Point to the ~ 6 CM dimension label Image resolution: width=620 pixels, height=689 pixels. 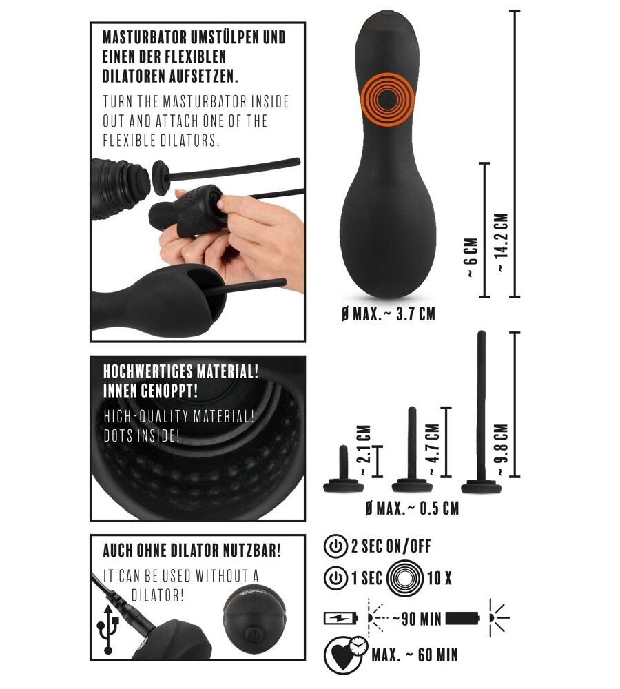pos(471,258)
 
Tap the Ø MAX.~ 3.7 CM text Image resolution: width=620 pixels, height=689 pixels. pos(389,314)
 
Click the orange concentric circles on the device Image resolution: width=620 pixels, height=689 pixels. pos(387,101)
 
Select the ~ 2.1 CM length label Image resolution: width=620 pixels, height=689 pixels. pos(364,451)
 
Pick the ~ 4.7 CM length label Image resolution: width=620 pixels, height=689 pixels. pos(433,450)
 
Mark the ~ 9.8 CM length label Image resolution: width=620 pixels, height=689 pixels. pos(502,450)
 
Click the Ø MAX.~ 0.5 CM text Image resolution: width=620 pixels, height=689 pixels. pos(412,508)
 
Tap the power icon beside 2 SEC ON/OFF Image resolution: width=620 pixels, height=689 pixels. pos(335,546)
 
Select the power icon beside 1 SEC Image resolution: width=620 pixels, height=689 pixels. pos(335,578)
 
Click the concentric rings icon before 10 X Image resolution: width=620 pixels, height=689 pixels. pos(406,578)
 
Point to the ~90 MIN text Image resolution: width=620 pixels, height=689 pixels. pos(417,619)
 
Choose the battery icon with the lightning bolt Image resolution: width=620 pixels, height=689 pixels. pos(340,618)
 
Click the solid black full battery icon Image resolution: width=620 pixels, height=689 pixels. pos(463,618)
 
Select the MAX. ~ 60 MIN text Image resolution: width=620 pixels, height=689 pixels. pos(415,655)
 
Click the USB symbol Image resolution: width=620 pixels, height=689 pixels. pos(108,629)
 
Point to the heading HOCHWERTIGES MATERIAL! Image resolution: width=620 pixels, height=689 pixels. pos(180,371)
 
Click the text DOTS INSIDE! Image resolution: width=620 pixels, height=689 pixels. pos(141,435)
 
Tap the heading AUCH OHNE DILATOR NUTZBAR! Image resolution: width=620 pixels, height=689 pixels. pos(192,551)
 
